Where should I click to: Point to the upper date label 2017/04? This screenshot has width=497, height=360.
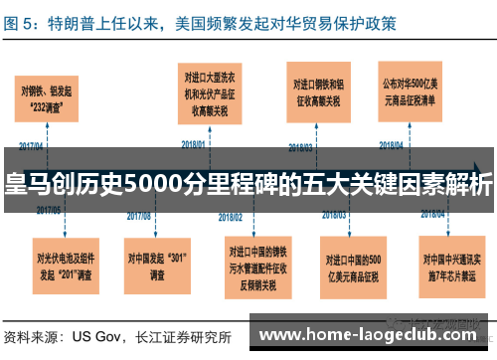[32, 144]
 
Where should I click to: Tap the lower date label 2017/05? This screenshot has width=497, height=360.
[49, 211]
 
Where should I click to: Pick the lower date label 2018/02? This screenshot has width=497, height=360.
[231, 214]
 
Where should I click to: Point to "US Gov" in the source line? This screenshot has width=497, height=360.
[97, 336]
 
